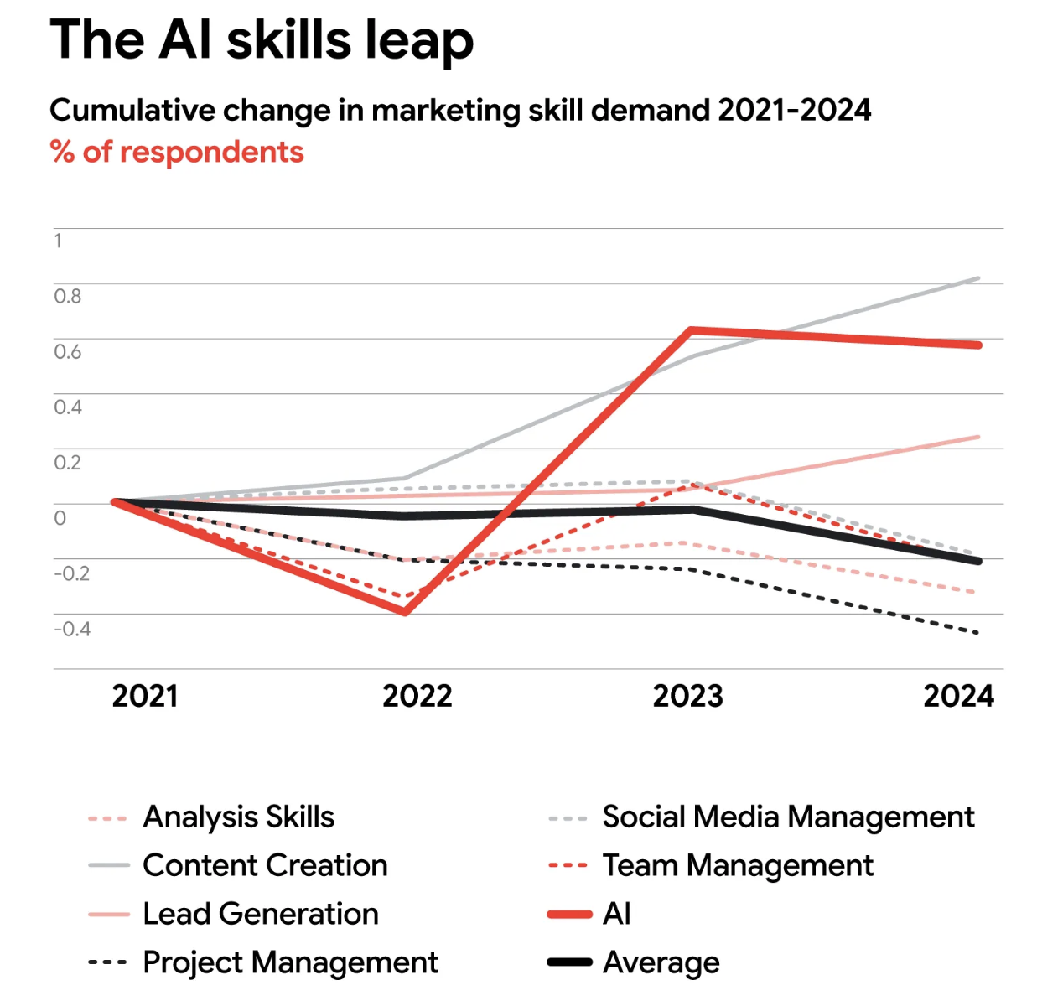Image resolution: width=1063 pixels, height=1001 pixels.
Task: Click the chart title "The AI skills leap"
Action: tap(262, 39)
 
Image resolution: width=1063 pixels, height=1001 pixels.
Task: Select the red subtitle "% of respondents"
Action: tap(177, 152)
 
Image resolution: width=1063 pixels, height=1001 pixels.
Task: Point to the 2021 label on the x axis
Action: tap(145, 696)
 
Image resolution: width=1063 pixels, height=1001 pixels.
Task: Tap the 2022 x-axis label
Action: tap(417, 696)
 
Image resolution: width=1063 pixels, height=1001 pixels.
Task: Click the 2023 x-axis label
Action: tap(687, 696)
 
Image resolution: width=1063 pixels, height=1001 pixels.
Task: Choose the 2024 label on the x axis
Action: tap(958, 696)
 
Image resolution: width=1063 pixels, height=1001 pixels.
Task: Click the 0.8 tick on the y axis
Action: tap(68, 296)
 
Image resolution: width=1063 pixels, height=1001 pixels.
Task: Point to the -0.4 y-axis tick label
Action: tap(72, 629)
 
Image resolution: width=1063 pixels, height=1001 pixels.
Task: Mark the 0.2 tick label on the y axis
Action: tap(68, 462)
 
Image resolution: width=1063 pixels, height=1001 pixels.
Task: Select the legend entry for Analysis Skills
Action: tap(238, 817)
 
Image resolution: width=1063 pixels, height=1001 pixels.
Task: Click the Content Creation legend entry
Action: tap(265, 865)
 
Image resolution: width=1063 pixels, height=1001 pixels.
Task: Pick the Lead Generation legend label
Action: tap(260, 914)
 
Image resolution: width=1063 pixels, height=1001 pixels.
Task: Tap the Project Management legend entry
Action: tap(290, 962)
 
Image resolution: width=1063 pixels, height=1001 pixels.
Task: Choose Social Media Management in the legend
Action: tap(788, 817)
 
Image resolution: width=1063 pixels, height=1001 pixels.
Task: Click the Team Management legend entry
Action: tap(738, 865)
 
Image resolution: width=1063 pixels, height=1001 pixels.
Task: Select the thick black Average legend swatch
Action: tap(569, 962)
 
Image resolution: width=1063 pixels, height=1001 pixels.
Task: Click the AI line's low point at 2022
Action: tap(406, 612)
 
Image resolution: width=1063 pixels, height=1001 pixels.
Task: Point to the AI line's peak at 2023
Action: tap(690, 330)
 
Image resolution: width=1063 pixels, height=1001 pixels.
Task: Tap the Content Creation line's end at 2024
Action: tap(977, 278)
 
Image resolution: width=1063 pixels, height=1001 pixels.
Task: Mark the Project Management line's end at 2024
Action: tap(977, 633)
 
